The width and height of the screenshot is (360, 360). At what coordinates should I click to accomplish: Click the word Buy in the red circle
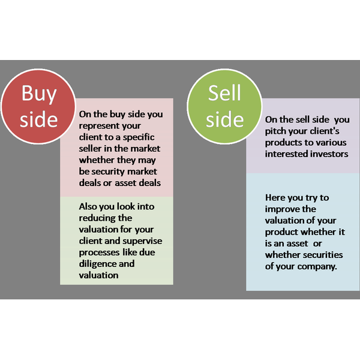pos(38,94)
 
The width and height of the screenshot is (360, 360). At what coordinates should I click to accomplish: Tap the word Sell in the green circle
pos(224,93)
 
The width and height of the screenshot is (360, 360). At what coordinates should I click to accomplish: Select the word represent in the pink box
pos(100,125)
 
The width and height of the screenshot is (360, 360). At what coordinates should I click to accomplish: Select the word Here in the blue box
pos(275,197)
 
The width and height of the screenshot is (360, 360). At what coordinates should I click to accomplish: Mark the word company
pos(316,266)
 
